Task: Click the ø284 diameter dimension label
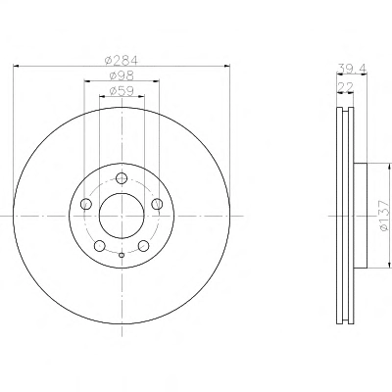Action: coord(122,60)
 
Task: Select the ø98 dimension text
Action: coord(122,75)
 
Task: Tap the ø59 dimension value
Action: coord(122,91)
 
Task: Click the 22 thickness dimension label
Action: coord(345,87)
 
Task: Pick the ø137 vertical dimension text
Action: coord(385,216)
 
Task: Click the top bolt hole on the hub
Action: coord(122,178)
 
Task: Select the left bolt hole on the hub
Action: coord(86,204)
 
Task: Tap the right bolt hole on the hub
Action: coord(157,204)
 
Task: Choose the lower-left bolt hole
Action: coord(100,246)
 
